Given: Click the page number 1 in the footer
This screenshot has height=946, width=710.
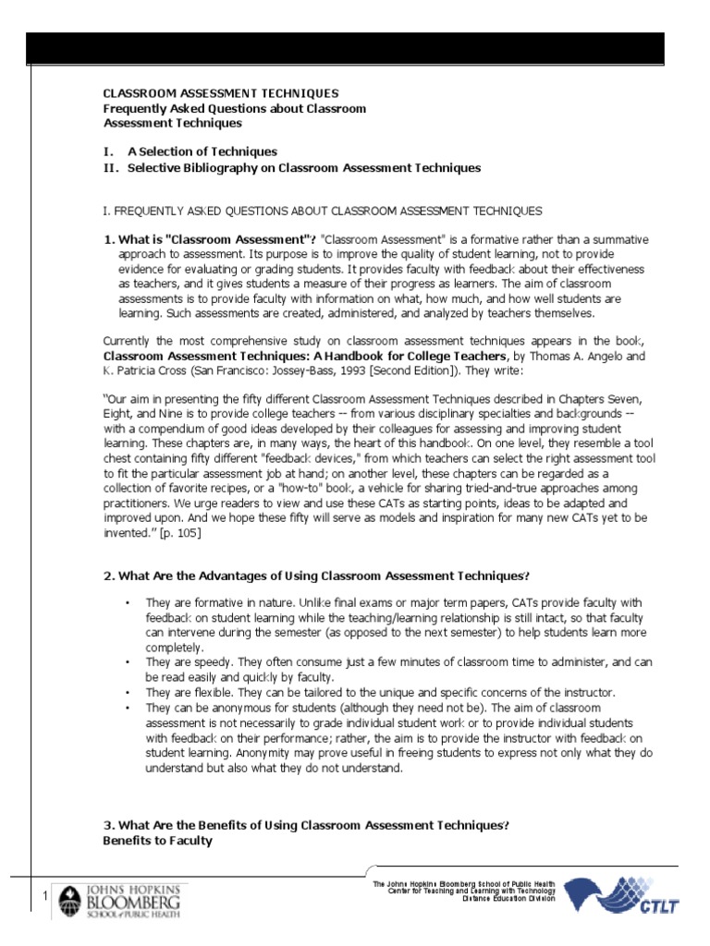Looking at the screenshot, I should coord(43,898).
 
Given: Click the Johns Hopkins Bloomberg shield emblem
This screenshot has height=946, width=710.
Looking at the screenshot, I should coord(70,900).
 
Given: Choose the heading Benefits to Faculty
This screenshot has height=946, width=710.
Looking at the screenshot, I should coord(157,841).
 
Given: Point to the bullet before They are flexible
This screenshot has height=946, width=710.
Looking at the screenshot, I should coord(127,692).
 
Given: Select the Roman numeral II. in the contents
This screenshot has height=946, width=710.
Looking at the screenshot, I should coord(110,168).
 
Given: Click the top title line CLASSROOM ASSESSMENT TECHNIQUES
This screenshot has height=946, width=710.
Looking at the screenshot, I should coord(220,93).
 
